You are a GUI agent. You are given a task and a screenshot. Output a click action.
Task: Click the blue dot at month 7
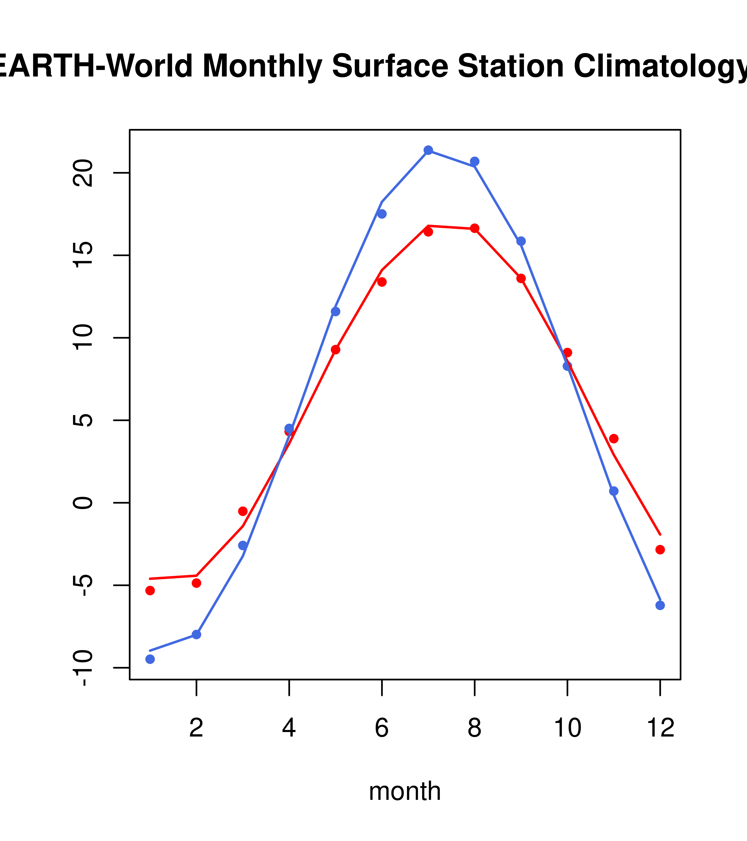pos(428,150)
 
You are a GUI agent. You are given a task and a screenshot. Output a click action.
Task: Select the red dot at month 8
pos(474,228)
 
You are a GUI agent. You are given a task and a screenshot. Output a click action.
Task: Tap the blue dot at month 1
pos(150,659)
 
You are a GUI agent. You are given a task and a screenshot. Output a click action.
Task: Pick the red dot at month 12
pos(660,550)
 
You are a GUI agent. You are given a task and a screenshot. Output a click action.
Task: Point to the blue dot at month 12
pos(660,605)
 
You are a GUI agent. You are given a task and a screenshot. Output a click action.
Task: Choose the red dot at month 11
pos(614,439)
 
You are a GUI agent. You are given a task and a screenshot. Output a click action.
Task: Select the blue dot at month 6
pos(382,214)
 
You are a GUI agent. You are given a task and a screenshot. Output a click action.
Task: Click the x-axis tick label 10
pos(567,728)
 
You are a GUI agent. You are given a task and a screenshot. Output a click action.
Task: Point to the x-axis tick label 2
pos(197,728)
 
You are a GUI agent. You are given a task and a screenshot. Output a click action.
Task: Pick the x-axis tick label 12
pos(660,728)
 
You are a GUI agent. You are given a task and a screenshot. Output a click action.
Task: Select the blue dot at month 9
pos(521,241)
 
